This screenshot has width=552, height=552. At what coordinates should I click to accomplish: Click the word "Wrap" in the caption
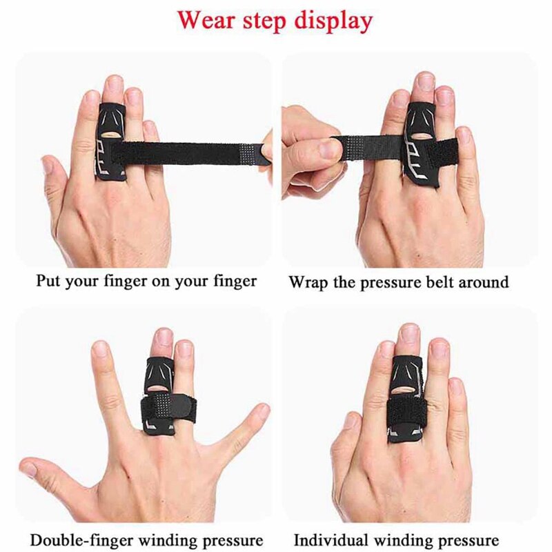306,282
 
